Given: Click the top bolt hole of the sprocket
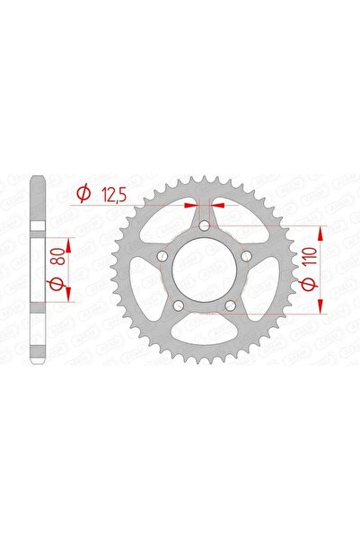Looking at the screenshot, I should point(204,227).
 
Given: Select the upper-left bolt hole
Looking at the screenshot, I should point(162,258).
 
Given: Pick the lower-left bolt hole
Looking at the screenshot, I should point(178,307).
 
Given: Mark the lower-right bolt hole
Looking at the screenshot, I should point(230,307).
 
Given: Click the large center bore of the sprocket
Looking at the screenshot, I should point(204,271).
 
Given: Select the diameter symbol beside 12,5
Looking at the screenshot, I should point(83,191).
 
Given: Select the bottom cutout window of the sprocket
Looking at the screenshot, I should point(204,338).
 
